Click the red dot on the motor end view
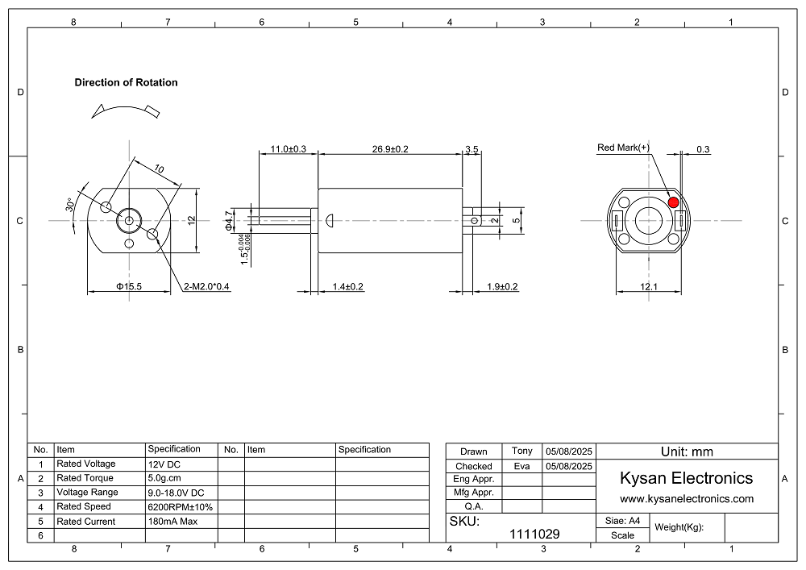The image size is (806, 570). point(673,202)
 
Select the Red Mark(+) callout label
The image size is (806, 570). point(623,148)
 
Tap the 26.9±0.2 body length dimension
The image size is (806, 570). point(390,149)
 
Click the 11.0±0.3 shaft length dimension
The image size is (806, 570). point(288,149)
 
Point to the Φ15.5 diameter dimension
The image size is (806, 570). point(129,286)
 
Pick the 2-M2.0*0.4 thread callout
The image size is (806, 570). point(206,286)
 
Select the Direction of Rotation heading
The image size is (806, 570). point(126,82)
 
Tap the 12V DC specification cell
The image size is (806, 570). point(165,464)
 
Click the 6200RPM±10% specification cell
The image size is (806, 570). point(180,507)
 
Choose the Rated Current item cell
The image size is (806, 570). point(85,522)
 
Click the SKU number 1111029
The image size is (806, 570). point(534,534)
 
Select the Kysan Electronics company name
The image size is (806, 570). point(686,478)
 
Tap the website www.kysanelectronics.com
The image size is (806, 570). point(686,499)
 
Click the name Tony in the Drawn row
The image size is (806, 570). point(521,451)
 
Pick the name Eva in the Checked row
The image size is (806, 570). point(521,465)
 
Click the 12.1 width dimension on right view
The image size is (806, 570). point(649,286)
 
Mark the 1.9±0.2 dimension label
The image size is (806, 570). point(502,286)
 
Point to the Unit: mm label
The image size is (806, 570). point(687,451)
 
